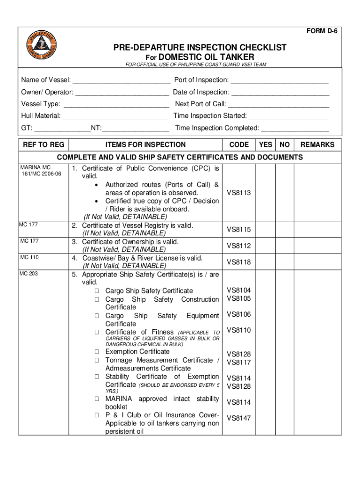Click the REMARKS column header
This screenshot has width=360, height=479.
tap(317, 145)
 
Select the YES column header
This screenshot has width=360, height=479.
tap(266, 145)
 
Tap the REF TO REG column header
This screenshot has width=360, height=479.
tap(43, 145)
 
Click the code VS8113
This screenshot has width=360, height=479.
tap(239, 193)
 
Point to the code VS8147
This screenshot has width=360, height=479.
tap(239, 418)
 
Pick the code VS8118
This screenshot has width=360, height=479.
tap(239, 262)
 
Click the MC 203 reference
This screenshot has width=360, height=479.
tap(29, 274)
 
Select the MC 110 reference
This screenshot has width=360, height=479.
tap(29, 257)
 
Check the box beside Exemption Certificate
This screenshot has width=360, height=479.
tap(97, 352)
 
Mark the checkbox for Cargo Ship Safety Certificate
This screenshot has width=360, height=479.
tap(97, 291)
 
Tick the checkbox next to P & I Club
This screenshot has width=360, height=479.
tap(97, 415)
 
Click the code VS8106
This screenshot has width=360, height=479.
tap(239, 314)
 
